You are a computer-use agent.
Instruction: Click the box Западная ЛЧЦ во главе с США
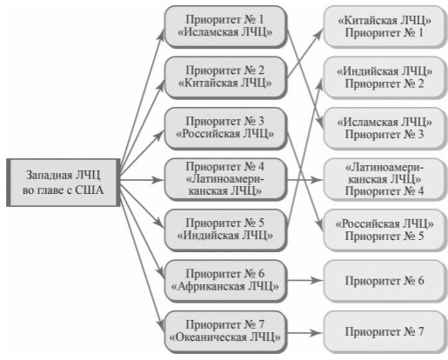64,183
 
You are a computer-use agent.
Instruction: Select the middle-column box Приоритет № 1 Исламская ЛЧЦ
225,27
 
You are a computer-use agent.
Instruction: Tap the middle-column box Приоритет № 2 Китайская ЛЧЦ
225,77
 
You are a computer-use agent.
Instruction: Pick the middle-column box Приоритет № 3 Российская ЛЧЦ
225,129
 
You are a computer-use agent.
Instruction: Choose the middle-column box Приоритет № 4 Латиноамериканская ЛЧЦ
225,179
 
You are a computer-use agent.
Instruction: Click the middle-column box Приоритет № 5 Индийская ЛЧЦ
225,230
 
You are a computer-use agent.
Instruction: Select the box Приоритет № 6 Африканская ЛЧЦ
225,281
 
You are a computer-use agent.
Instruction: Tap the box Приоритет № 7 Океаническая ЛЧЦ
225,332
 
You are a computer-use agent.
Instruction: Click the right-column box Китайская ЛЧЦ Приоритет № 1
384,27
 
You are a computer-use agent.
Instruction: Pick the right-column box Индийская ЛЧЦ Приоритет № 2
384,77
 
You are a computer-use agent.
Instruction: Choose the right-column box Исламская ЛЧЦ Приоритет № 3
384,129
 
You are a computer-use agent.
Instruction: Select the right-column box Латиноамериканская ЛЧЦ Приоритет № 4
384,179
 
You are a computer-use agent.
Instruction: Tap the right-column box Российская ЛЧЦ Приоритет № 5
384,230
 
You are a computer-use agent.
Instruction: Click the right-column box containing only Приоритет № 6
384,281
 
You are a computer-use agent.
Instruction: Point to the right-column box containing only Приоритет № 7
384,332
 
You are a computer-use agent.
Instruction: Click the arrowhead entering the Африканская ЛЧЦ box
160,273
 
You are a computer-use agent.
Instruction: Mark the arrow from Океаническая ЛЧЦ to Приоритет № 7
305,333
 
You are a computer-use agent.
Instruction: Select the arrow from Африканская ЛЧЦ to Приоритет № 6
305,280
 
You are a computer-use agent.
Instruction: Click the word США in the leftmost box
90,190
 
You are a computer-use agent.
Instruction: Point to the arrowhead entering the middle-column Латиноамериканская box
157,180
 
